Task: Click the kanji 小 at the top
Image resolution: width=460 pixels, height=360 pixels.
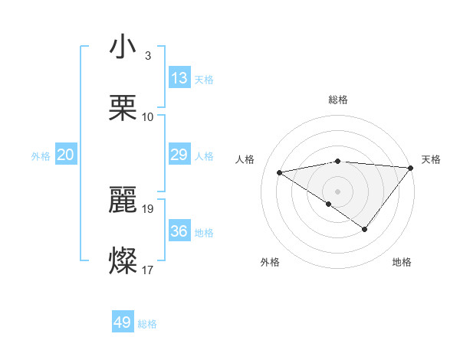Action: (123, 47)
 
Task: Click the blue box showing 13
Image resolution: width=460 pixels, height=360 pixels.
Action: (179, 78)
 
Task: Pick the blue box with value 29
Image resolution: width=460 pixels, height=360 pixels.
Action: (179, 155)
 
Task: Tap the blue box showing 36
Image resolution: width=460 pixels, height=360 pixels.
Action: (179, 231)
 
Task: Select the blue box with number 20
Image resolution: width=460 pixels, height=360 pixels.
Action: (66, 155)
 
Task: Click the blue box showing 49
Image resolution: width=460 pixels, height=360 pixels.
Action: (123, 322)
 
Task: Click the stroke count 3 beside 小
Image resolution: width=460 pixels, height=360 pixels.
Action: (147, 56)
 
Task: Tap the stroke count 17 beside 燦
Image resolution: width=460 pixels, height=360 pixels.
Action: (148, 270)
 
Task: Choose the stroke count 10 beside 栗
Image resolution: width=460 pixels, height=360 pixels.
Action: (148, 117)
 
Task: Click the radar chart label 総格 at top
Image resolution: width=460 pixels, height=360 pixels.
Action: (338, 100)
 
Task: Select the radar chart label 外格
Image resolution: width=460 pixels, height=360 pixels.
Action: (270, 263)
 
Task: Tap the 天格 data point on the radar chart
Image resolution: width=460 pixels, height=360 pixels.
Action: (411, 168)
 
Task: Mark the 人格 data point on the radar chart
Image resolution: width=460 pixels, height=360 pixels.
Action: (280, 172)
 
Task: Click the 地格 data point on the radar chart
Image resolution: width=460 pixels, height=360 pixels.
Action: (365, 229)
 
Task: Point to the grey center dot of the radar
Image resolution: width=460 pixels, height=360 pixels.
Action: (338, 191)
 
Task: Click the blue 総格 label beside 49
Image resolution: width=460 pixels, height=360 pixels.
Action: (147, 324)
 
